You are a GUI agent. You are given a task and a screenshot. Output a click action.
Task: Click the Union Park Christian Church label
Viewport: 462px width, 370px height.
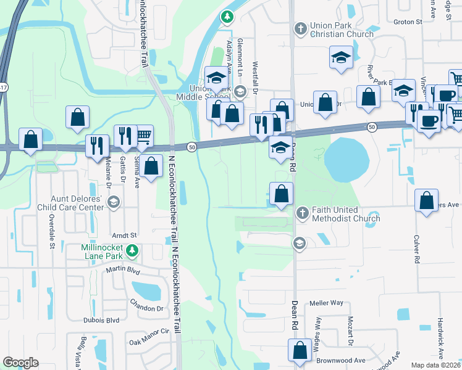click(343, 30)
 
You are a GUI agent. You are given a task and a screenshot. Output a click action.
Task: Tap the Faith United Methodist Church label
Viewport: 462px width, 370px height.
click(345, 214)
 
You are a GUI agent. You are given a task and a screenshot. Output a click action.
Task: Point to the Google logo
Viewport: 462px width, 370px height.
click(20, 363)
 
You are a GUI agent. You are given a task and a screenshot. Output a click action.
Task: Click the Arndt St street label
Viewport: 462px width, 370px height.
click(124, 235)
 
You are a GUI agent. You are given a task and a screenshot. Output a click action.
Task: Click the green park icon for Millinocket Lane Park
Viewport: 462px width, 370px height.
click(132, 251)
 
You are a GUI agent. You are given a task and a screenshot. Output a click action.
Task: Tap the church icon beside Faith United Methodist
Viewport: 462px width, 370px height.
click(302, 213)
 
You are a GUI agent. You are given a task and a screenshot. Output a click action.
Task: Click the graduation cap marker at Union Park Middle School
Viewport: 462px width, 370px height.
click(216, 77)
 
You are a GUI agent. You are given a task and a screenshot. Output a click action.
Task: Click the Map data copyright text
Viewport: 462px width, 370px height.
click(435, 365)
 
